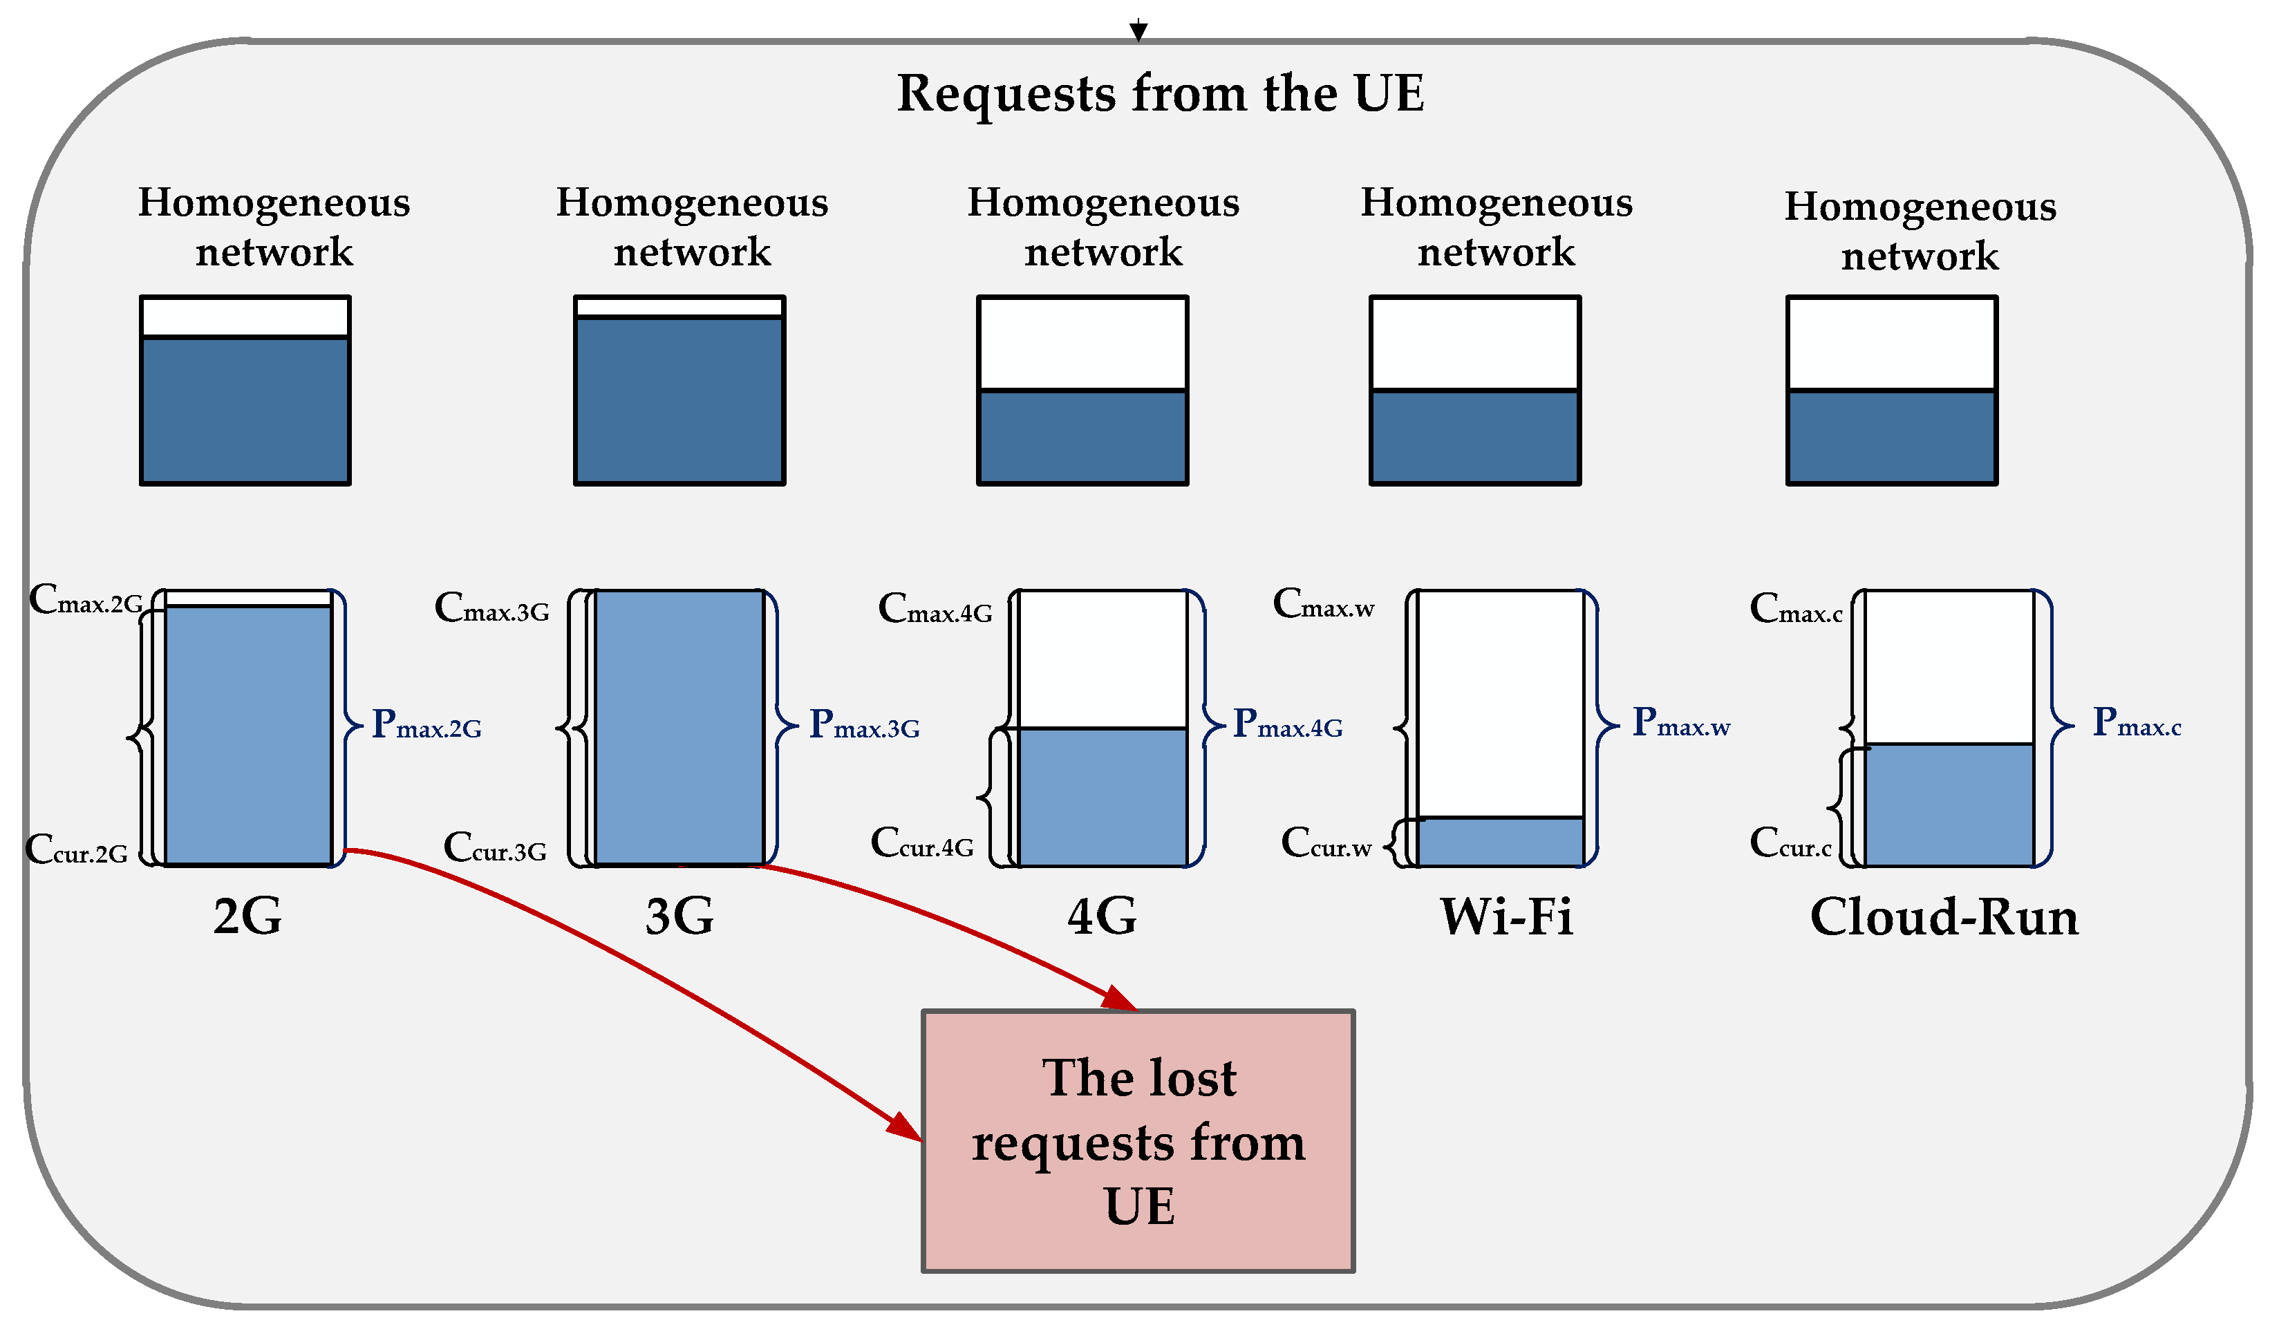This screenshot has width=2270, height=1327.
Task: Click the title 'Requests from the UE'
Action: point(1159,94)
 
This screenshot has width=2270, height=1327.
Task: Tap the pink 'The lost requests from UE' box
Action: point(1138,1140)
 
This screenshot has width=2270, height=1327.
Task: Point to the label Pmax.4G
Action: point(1287,724)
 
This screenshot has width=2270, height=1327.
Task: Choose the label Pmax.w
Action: point(1680,722)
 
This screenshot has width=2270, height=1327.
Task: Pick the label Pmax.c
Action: point(2136,722)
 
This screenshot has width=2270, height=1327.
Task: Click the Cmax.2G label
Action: point(86,600)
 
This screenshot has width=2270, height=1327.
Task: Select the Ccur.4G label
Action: point(921,843)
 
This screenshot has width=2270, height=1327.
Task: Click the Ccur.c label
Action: point(1790,843)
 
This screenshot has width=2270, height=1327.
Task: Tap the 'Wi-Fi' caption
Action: point(1505,918)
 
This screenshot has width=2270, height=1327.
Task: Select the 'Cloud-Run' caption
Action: point(1943,918)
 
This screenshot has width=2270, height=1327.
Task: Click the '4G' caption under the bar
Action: point(1100,918)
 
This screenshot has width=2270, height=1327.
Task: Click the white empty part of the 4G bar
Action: point(1102,659)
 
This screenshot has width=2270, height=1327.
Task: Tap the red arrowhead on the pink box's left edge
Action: point(906,1127)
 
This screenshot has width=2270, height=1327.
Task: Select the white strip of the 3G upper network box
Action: point(679,307)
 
